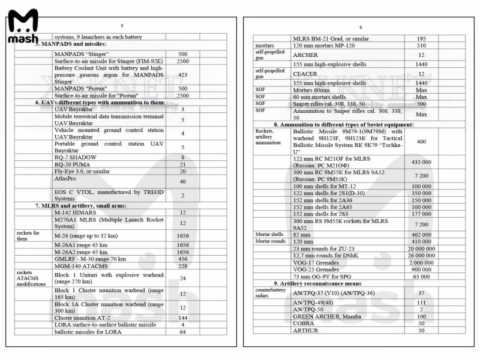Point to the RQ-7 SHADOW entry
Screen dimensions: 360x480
point(75,157)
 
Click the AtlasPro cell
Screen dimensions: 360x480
point(67,178)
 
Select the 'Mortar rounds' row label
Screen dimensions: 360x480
point(270,241)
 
